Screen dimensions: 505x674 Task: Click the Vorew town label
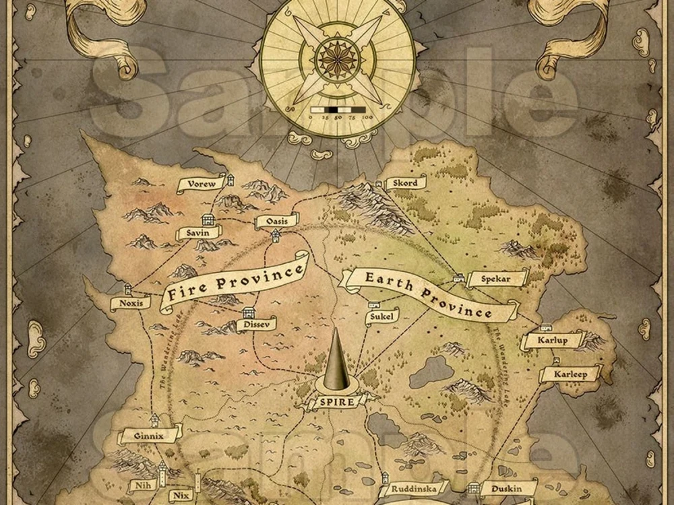pos(200,184)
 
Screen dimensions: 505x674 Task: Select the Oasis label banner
pos(276,222)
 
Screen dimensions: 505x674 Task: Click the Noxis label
pos(131,303)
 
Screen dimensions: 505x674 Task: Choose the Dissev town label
pos(256,325)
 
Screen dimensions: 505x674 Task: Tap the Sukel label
pos(382,316)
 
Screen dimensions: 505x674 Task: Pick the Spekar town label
pos(496,277)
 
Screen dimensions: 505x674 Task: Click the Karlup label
pos(553,341)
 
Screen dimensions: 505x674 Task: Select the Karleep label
pos(570,374)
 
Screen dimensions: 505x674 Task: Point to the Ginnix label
pos(149,436)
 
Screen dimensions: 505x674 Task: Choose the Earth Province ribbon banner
pos(428,294)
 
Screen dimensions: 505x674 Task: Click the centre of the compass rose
pos(337,57)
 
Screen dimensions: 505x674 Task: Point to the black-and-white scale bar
pos(337,109)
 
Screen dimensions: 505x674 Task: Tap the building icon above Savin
pos(208,220)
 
